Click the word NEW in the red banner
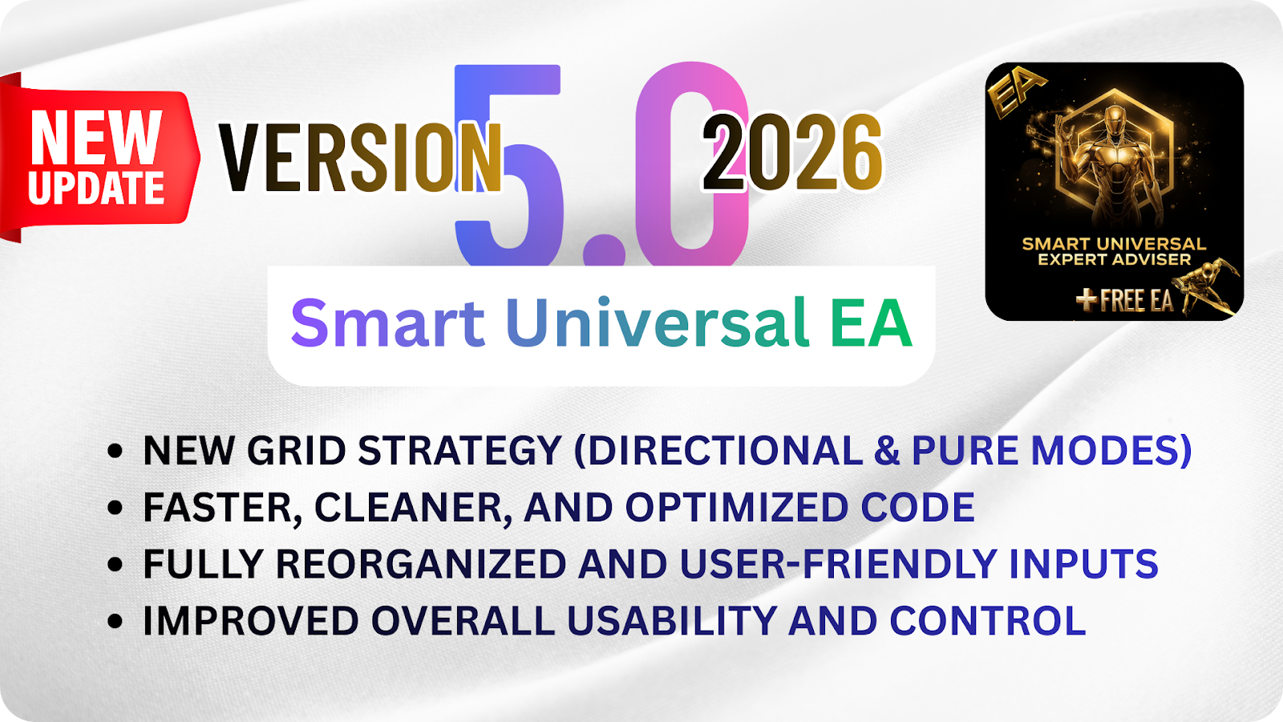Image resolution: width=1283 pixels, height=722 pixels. point(96,137)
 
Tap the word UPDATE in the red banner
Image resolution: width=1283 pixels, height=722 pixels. point(96,188)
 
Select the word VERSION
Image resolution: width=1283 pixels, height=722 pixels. point(360,157)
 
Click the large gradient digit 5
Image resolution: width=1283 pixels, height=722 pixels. point(508,165)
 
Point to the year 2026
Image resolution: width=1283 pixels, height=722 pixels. point(792,152)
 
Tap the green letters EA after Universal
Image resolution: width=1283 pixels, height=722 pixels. point(871,323)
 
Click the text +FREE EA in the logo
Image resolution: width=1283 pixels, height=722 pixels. point(1124,300)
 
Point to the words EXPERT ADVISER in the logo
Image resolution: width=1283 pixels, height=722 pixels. point(1114,260)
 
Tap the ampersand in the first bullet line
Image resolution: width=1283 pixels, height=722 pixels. point(887,450)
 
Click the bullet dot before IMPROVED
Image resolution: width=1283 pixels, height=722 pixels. point(115,621)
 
